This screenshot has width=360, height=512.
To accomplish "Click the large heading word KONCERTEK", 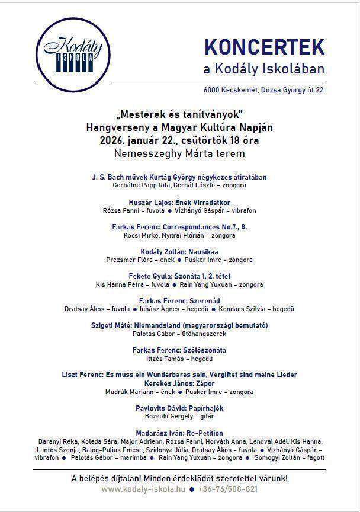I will [264, 47].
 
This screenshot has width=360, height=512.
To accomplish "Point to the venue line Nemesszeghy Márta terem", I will [179, 154].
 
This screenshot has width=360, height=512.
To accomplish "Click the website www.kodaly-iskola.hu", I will [143, 489].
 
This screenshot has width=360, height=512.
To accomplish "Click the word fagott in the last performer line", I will [314, 458].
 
